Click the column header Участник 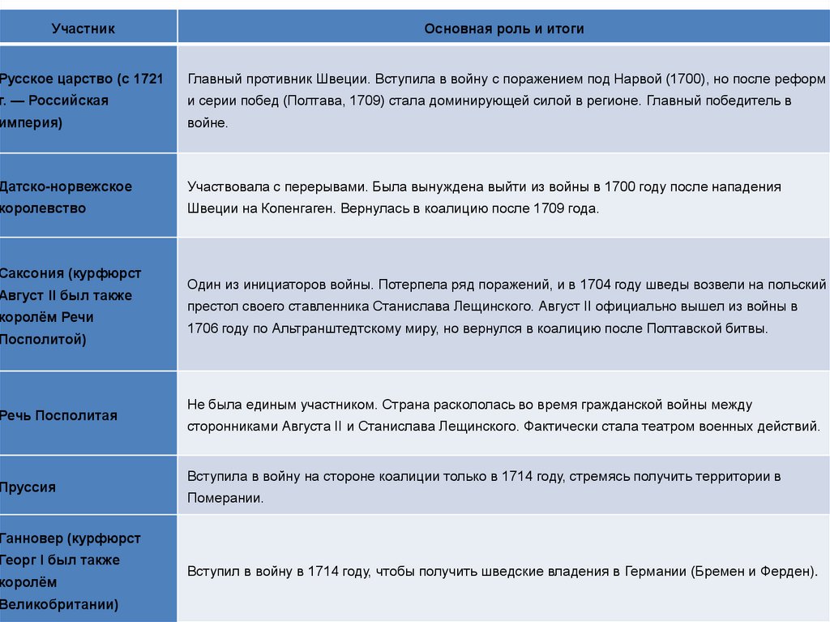point(83,29)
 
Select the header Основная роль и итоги point(503,29)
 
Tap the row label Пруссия point(28,487)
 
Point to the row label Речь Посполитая point(58,415)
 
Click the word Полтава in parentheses point(310,101)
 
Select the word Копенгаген point(300,208)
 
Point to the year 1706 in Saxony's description point(202,328)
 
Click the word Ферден point(785,571)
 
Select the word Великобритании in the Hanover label point(58,604)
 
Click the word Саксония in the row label point(31,273)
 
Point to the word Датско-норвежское point(66,187)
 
